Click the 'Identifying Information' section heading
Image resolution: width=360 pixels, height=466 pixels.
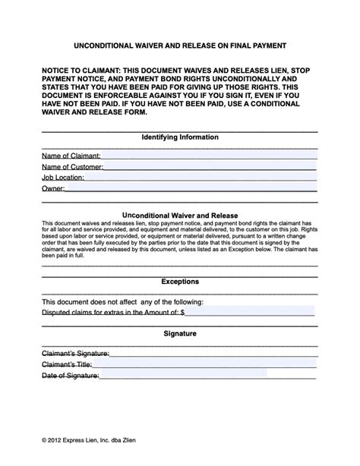180,137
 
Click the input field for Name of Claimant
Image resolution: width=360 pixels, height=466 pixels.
209,154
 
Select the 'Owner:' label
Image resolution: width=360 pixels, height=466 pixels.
53,188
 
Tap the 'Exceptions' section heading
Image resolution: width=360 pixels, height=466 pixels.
180,281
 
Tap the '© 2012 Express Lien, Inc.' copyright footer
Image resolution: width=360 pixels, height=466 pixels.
90,439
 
